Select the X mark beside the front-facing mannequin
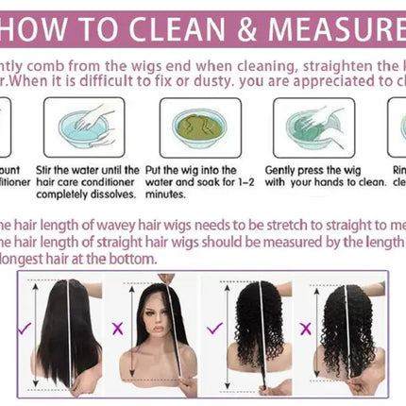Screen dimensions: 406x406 [118, 328]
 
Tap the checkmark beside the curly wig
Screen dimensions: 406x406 [214, 328]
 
